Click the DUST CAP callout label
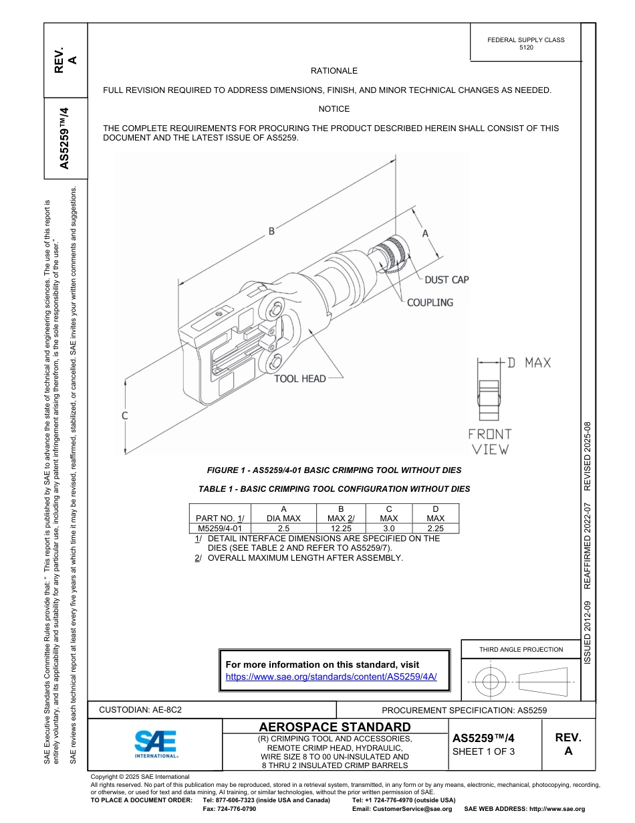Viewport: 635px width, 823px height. click(x=447, y=280)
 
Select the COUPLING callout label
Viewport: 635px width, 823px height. click(x=430, y=302)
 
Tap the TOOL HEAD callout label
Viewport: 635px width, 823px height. click(x=300, y=379)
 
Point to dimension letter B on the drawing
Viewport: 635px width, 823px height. click(x=271, y=232)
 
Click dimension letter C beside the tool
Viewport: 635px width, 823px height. click(x=124, y=416)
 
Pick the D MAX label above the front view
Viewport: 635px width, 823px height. click(x=528, y=363)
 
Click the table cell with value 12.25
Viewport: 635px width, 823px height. click(x=341, y=528)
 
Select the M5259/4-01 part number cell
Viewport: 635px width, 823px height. click(x=220, y=528)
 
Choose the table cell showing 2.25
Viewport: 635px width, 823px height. click(x=435, y=528)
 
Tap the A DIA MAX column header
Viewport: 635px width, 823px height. click(x=283, y=513)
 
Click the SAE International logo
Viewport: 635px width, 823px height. click(x=156, y=743)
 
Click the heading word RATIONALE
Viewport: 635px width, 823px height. click(x=334, y=71)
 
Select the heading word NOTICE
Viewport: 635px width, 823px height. click(x=334, y=109)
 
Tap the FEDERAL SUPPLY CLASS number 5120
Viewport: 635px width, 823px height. click(x=526, y=48)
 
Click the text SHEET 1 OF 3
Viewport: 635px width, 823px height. click(x=483, y=751)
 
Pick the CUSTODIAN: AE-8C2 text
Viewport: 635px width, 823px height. click(x=140, y=709)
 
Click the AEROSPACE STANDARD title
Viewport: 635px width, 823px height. click(x=334, y=727)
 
